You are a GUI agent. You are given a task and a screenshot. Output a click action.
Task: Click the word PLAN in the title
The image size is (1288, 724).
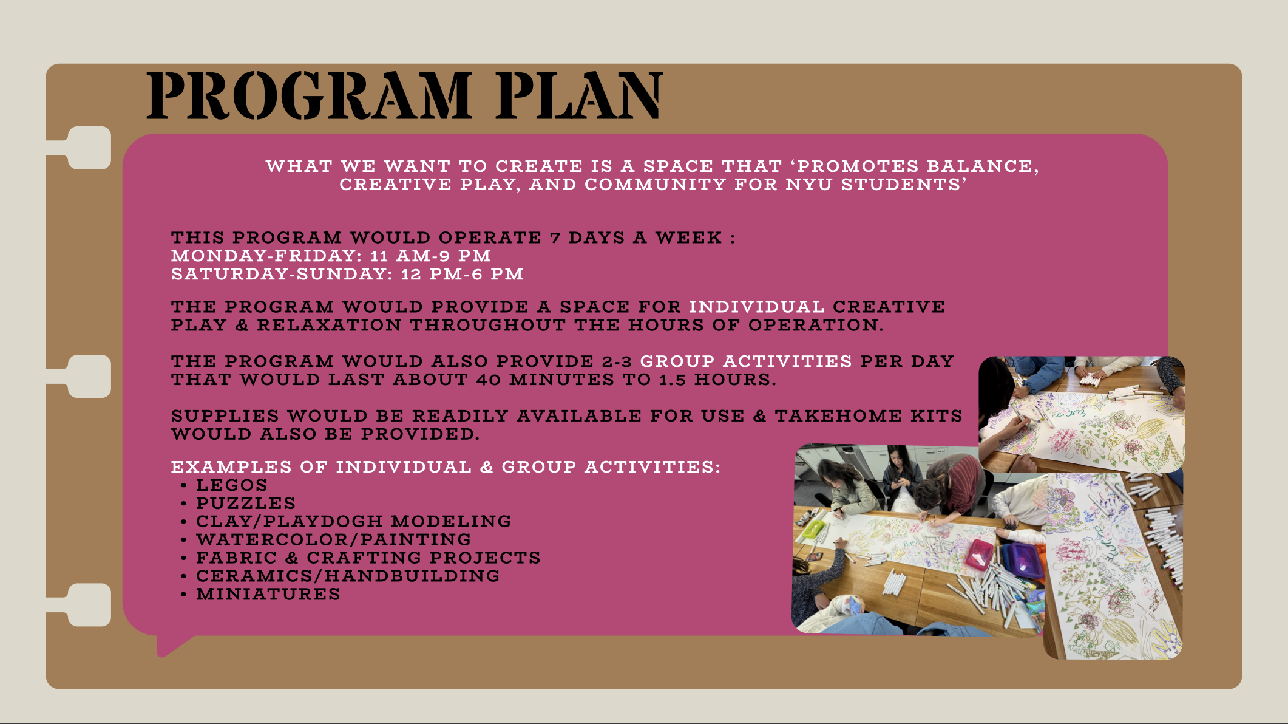[579, 95]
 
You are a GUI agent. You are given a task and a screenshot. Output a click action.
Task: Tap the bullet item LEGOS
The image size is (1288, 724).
[231, 485]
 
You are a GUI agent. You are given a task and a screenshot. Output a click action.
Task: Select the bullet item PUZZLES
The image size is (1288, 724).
[246, 504]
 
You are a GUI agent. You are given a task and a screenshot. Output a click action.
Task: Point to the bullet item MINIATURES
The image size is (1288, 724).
[268, 594]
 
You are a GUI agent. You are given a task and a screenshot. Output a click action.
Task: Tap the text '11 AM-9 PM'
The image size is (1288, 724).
[430, 256]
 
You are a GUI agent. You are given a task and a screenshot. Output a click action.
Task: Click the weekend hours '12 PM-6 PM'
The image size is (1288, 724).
[462, 274]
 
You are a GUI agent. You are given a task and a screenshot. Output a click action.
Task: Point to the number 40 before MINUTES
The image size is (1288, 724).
[488, 380]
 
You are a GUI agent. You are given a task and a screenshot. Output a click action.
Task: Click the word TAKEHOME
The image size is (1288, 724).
[838, 416]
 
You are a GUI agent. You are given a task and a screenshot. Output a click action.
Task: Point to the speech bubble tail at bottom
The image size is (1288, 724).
[172, 646]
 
